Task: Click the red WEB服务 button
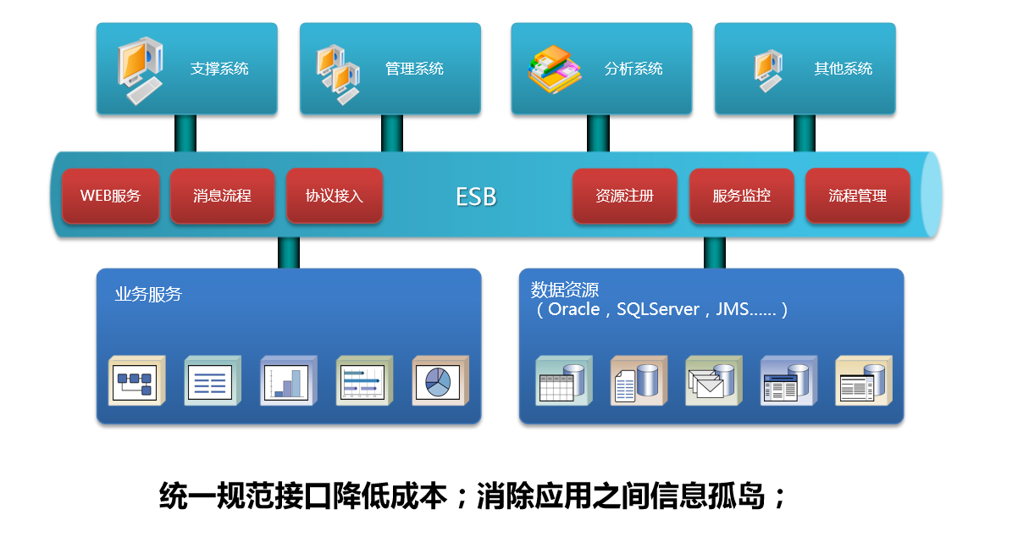pyautogui.click(x=110, y=196)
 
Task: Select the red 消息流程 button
pyautogui.click(x=222, y=196)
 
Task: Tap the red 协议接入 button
pyautogui.click(x=335, y=196)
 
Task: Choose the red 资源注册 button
pyautogui.click(x=624, y=196)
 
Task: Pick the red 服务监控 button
pyautogui.click(x=741, y=196)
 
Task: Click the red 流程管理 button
pyautogui.click(x=857, y=196)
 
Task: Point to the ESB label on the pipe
pyautogui.click(x=476, y=197)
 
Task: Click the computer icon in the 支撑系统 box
pyautogui.click(x=139, y=69)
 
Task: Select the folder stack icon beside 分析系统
pyautogui.click(x=555, y=69)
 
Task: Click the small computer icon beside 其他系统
pyautogui.click(x=768, y=70)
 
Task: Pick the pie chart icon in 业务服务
pyautogui.click(x=440, y=381)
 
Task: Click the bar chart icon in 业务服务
pyautogui.click(x=288, y=381)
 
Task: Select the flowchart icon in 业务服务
pyautogui.click(x=136, y=381)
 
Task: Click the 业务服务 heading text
pyautogui.click(x=148, y=295)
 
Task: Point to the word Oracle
pyautogui.click(x=573, y=310)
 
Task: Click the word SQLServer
pyautogui.click(x=658, y=310)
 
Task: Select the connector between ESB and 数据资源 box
pyautogui.click(x=714, y=252)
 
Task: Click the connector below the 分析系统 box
pyautogui.click(x=598, y=133)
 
